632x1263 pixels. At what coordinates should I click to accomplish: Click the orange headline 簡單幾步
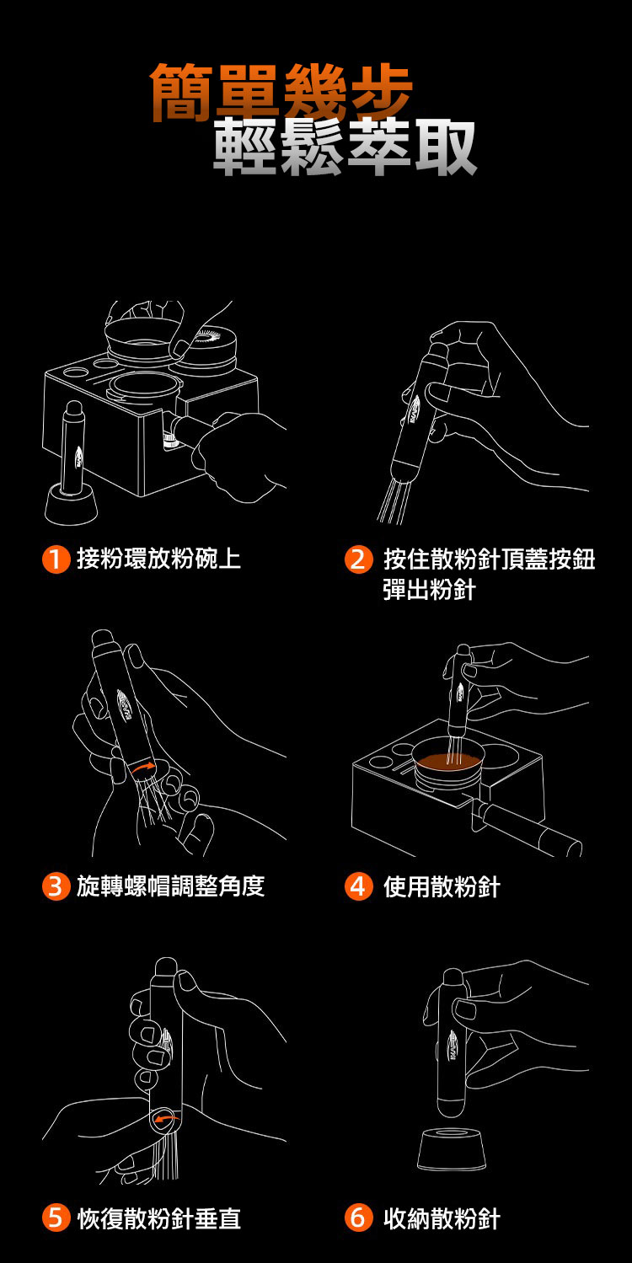point(282,92)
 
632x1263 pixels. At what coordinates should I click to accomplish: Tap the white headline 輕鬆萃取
point(345,147)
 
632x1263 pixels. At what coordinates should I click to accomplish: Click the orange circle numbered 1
point(56,559)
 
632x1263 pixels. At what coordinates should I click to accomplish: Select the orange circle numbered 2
point(359,559)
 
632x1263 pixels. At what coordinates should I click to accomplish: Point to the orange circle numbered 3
point(56,886)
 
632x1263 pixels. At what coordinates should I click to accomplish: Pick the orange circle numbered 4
point(359,886)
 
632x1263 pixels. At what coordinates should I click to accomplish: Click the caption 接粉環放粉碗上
point(159,559)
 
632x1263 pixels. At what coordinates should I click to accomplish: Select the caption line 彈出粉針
point(430,591)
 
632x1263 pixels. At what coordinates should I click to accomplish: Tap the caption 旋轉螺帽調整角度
point(171,886)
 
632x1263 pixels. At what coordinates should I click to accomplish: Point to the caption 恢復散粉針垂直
point(159,1218)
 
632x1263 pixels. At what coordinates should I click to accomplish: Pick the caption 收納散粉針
point(442,1218)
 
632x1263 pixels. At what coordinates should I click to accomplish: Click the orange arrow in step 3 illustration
point(142,768)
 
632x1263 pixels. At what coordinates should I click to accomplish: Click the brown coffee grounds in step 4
point(448,761)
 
